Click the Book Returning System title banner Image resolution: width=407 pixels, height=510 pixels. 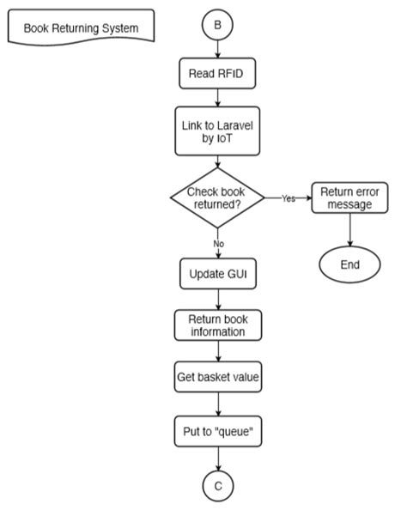point(81,28)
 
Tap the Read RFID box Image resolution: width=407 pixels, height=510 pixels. point(218,74)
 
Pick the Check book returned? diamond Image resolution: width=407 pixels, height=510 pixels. point(218,198)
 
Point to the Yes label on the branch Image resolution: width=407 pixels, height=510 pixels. point(289,198)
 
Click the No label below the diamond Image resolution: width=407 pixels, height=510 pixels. point(218,244)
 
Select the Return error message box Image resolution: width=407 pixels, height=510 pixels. point(349,198)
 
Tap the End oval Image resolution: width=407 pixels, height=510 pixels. point(349,264)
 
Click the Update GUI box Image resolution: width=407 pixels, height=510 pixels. point(218,276)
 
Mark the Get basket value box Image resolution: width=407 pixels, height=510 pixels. point(218,376)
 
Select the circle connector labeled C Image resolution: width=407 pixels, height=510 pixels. point(218,486)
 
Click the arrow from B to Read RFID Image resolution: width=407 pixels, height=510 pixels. point(218,50)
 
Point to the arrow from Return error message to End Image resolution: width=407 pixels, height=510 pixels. point(349,229)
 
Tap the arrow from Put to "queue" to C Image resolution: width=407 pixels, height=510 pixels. point(218,459)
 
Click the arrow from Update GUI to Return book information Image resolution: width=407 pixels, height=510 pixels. point(218,301)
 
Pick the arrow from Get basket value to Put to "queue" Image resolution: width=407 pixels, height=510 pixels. point(218,404)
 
